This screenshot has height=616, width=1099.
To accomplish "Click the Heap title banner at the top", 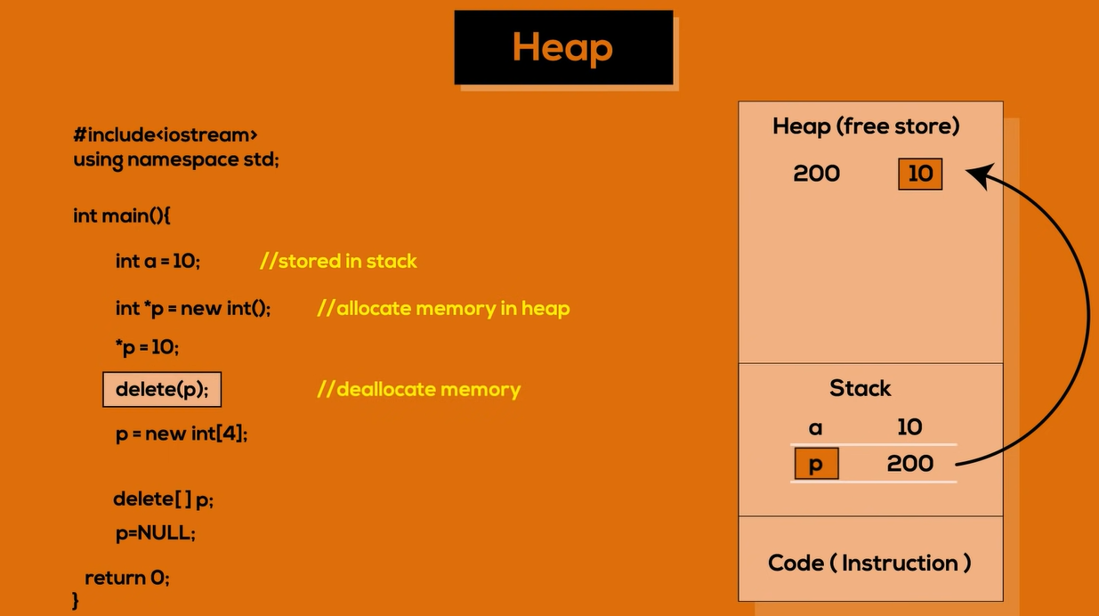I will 563,47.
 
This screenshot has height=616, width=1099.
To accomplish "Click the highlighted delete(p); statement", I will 162,389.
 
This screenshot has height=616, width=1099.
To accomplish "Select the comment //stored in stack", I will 338,261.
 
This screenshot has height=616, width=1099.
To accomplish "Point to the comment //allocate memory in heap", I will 443,308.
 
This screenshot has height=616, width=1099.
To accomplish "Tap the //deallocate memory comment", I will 418,389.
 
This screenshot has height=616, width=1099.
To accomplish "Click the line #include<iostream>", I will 166,135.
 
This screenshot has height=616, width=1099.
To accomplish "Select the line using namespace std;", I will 176,160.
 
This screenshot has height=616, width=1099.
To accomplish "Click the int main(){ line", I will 127,215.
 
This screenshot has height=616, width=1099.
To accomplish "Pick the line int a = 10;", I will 158,261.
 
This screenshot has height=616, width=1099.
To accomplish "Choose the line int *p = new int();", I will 193,308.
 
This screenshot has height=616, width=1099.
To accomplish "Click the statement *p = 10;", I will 147,347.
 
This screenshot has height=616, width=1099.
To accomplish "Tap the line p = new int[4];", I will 182,434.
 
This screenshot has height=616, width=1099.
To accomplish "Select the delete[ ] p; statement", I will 164,499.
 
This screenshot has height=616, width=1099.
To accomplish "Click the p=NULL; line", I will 155,533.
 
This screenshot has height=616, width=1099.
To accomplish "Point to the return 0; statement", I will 127,578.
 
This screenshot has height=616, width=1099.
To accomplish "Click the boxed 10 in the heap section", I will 920,173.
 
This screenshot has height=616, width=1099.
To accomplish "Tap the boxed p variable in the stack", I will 815,464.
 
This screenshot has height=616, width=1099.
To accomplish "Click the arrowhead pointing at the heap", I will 978,174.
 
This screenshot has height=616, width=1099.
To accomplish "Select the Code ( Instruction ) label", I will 869,563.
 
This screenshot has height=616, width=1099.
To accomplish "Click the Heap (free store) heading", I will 866,126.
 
